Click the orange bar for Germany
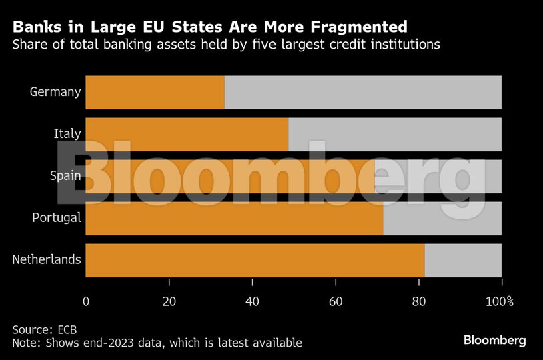click(x=155, y=92)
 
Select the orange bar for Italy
click(x=187, y=134)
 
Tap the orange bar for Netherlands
click(x=255, y=260)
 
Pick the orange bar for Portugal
click(x=234, y=218)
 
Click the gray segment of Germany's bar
click(x=363, y=92)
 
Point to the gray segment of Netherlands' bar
click(x=463, y=260)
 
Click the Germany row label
click(x=55, y=92)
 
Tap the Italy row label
click(x=67, y=134)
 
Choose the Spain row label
click(x=65, y=176)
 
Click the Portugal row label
click(x=57, y=218)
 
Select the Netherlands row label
click(x=47, y=260)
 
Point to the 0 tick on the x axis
click(x=86, y=301)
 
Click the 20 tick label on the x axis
click(x=169, y=301)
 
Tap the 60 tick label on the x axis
click(x=336, y=301)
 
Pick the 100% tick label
click(x=500, y=301)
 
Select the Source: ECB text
click(x=40, y=329)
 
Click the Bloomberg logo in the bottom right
click(x=494, y=340)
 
